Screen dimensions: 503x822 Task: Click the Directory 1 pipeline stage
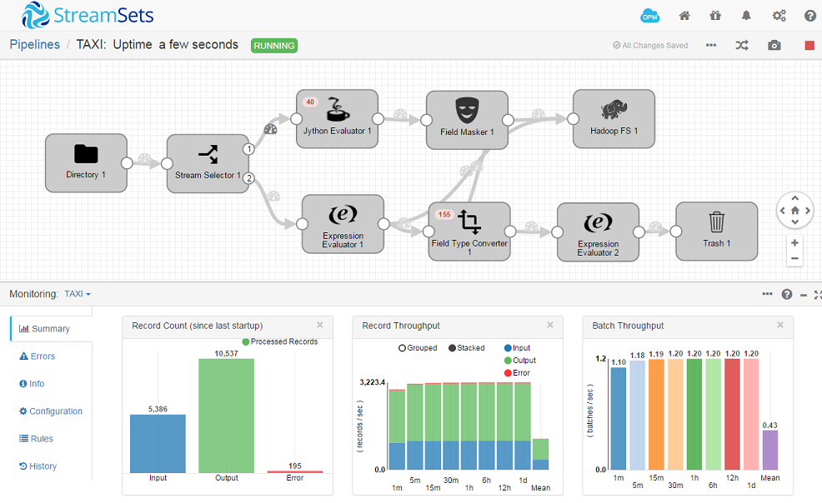86,163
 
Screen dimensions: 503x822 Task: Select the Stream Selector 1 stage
208,164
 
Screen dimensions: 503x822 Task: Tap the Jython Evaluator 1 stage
337,119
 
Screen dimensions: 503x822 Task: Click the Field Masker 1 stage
467,120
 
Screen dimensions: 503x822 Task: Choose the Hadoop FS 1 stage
614,119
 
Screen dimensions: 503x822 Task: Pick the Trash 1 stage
716,231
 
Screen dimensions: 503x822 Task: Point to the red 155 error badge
444,214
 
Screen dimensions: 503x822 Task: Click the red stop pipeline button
809,45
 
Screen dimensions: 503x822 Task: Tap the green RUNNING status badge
274,46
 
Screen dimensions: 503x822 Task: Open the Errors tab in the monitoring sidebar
43,356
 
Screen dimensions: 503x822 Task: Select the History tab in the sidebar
43,466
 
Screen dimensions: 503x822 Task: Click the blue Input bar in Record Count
158,443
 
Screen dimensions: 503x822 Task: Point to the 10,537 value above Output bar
227,354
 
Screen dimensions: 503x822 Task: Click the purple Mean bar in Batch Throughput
769,450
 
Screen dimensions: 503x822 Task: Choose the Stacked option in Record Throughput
466,348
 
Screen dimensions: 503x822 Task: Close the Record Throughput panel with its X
549,326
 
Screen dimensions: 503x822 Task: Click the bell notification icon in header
747,16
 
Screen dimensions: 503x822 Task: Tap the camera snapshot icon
774,45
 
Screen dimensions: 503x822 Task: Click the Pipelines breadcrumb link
35,45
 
